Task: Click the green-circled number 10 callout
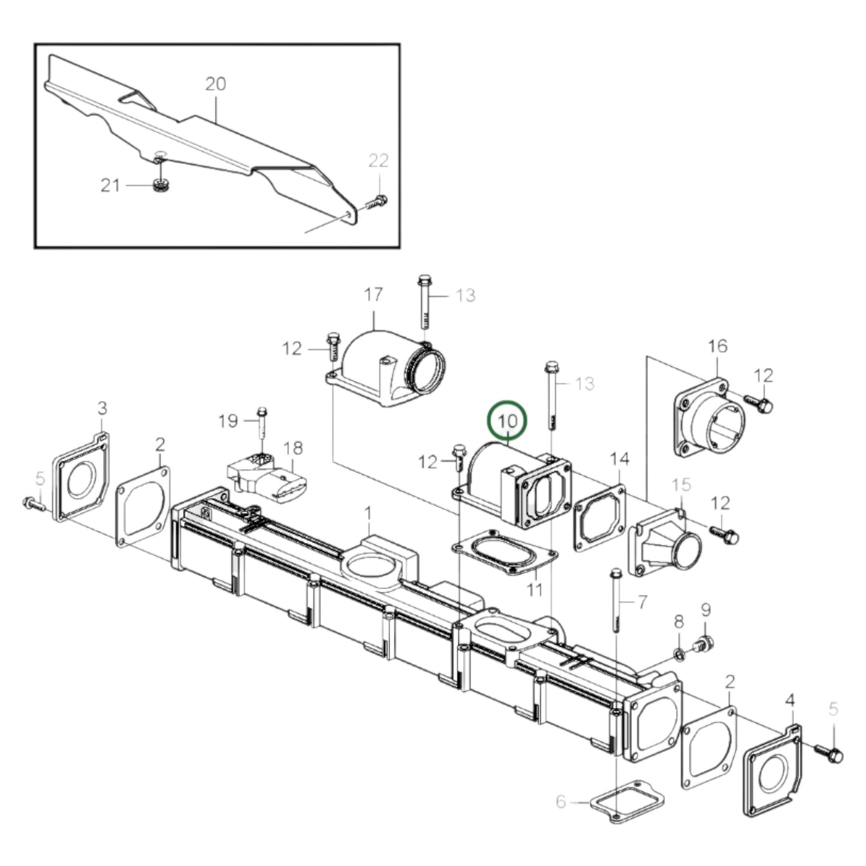[507, 420]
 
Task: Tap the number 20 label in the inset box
[215, 84]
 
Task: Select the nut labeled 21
[159, 186]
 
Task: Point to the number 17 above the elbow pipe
[373, 295]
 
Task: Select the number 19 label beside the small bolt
[228, 421]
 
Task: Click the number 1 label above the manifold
[369, 514]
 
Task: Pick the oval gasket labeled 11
[505, 552]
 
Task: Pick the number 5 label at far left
[40, 479]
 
